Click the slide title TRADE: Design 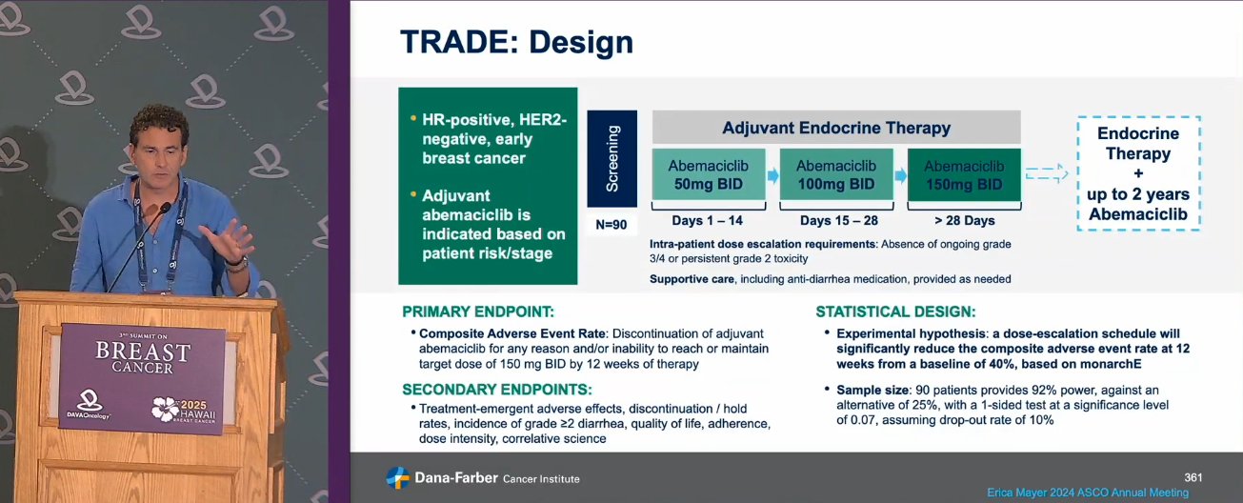click(x=516, y=42)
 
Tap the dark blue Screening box click(x=612, y=159)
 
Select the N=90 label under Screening click(x=611, y=225)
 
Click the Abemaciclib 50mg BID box click(x=709, y=174)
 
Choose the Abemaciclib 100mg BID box click(x=836, y=174)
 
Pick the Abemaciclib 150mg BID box click(x=965, y=175)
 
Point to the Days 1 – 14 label click(x=708, y=220)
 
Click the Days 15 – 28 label click(x=838, y=220)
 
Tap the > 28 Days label click(x=965, y=220)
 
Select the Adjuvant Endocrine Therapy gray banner click(x=836, y=127)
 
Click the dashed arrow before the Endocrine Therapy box click(x=1047, y=173)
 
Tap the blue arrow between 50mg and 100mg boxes click(x=773, y=176)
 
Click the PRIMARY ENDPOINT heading click(x=478, y=312)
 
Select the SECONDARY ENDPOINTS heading click(x=496, y=390)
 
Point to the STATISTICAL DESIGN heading click(x=895, y=312)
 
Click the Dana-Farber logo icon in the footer click(x=398, y=477)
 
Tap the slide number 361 click(x=1193, y=477)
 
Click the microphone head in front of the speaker click(x=165, y=207)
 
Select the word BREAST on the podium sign click(x=143, y=351)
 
